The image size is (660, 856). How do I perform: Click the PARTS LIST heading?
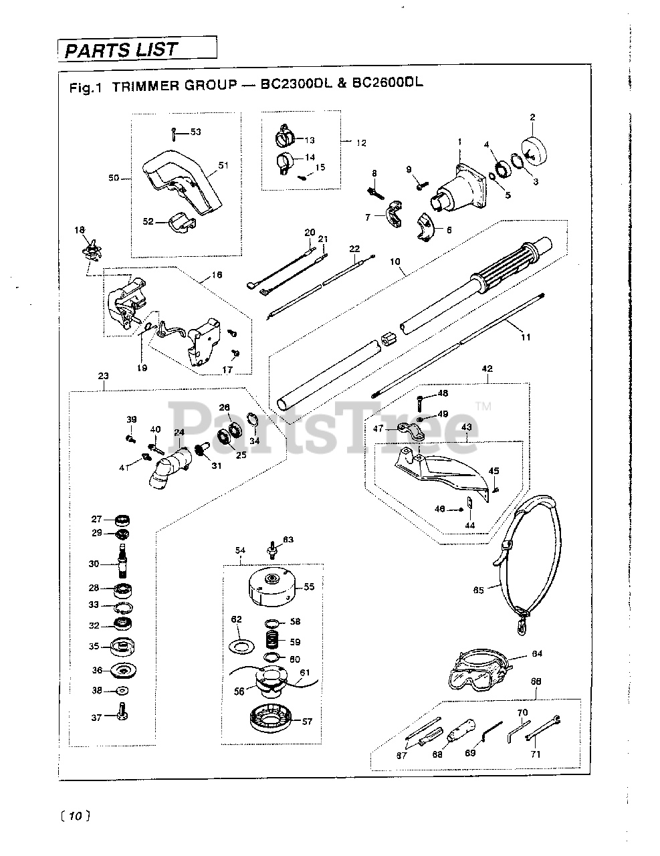[x=122, y=49]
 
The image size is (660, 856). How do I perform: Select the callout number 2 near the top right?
[x=533, y=118]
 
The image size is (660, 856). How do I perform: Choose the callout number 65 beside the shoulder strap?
[x=478, y=590]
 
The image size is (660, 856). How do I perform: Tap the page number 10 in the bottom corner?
[x=74, y=816]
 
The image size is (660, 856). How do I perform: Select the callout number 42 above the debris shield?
[x=487, y=368]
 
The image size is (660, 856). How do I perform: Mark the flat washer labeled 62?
[x=241, y=645]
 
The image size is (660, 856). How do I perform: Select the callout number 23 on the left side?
[x=102, y=377]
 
